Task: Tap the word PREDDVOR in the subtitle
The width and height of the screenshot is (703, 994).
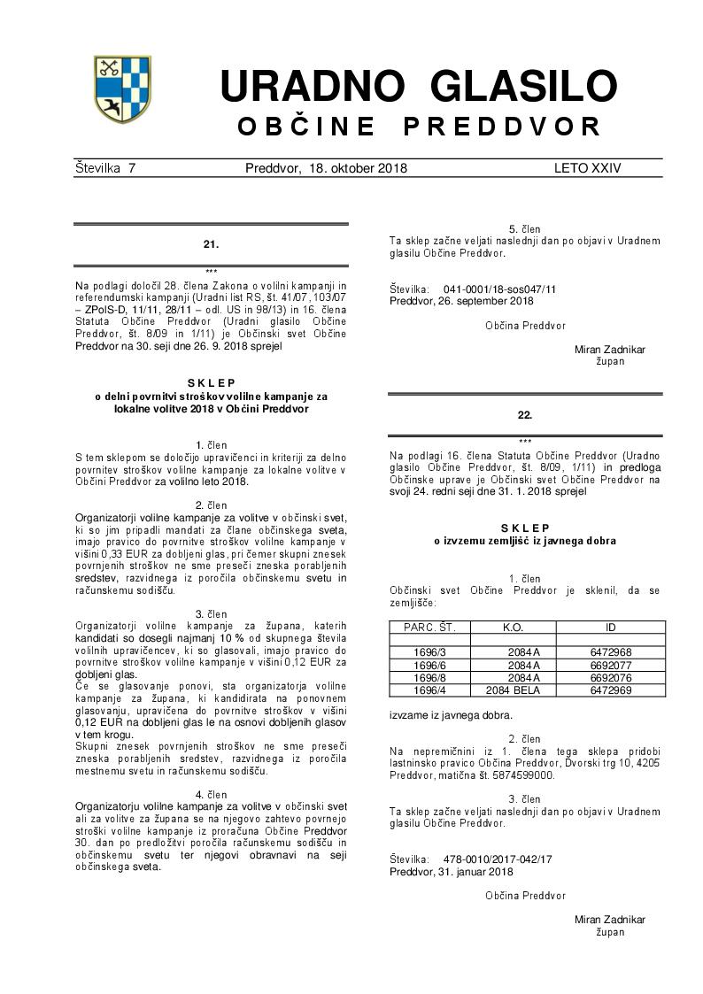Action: pos(502,127)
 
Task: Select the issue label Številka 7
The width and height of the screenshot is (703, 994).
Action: pos(104,168)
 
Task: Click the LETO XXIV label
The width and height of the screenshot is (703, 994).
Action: pos(587,168)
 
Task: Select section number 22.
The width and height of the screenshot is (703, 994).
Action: pos(525,414)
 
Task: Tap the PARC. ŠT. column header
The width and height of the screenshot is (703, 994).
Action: pos(429,628)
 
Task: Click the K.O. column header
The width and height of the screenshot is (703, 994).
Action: pos(513,628)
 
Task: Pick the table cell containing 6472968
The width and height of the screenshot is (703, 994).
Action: pos(610,652)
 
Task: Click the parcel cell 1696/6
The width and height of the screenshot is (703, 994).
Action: pos(429,665)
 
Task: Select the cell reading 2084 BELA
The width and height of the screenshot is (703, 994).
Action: pos(513,690)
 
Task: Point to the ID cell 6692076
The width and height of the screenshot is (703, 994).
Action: pos(610,677)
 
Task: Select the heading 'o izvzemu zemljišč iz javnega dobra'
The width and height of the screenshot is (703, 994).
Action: pos(525,540)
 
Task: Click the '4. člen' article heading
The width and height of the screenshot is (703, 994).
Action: pos(211,795)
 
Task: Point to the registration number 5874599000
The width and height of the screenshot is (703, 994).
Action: pos(520,775)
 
